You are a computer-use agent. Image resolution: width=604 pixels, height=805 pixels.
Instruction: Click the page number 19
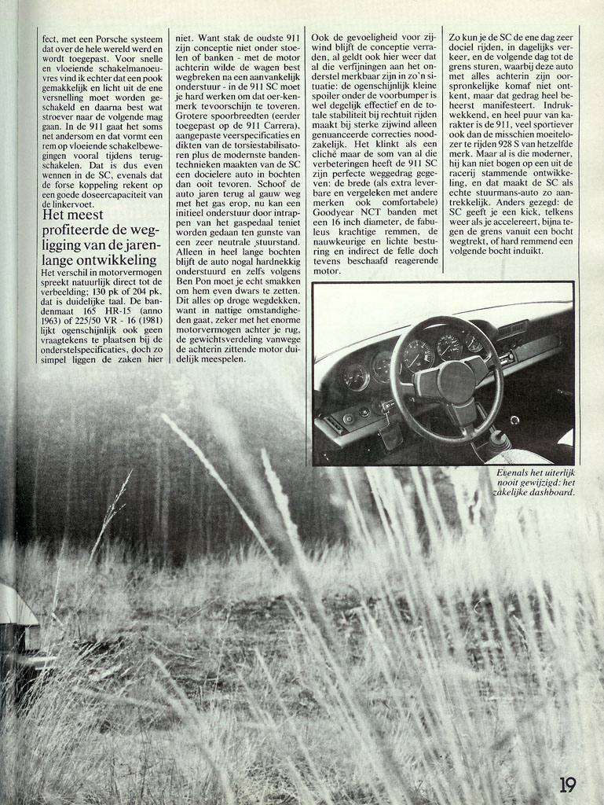[x=568, y=784]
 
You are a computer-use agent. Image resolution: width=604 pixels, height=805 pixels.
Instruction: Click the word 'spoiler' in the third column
[x=331, y=90]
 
